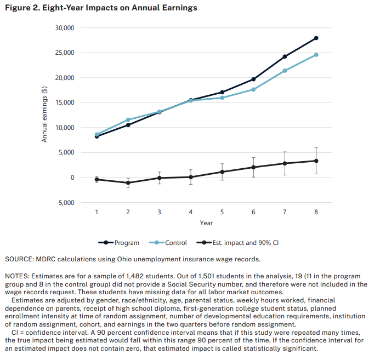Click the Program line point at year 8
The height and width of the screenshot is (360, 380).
click(316, 38)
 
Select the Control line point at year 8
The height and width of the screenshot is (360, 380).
click(316, 55)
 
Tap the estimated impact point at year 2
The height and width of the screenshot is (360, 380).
click(128, 182)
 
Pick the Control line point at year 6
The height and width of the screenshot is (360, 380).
click(253, 89)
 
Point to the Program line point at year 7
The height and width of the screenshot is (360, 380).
click(285, 56)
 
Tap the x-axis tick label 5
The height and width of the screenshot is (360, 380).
click(222, 212)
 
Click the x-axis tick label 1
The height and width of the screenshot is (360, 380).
click(97, 212)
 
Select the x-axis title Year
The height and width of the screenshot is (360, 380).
click(206, 223)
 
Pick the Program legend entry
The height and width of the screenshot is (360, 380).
click(127, 243)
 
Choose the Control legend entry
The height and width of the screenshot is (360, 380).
click(175, 243)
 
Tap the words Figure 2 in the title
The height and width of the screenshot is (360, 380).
click(21, 8)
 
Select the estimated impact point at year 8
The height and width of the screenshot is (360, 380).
click(316, 161)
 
